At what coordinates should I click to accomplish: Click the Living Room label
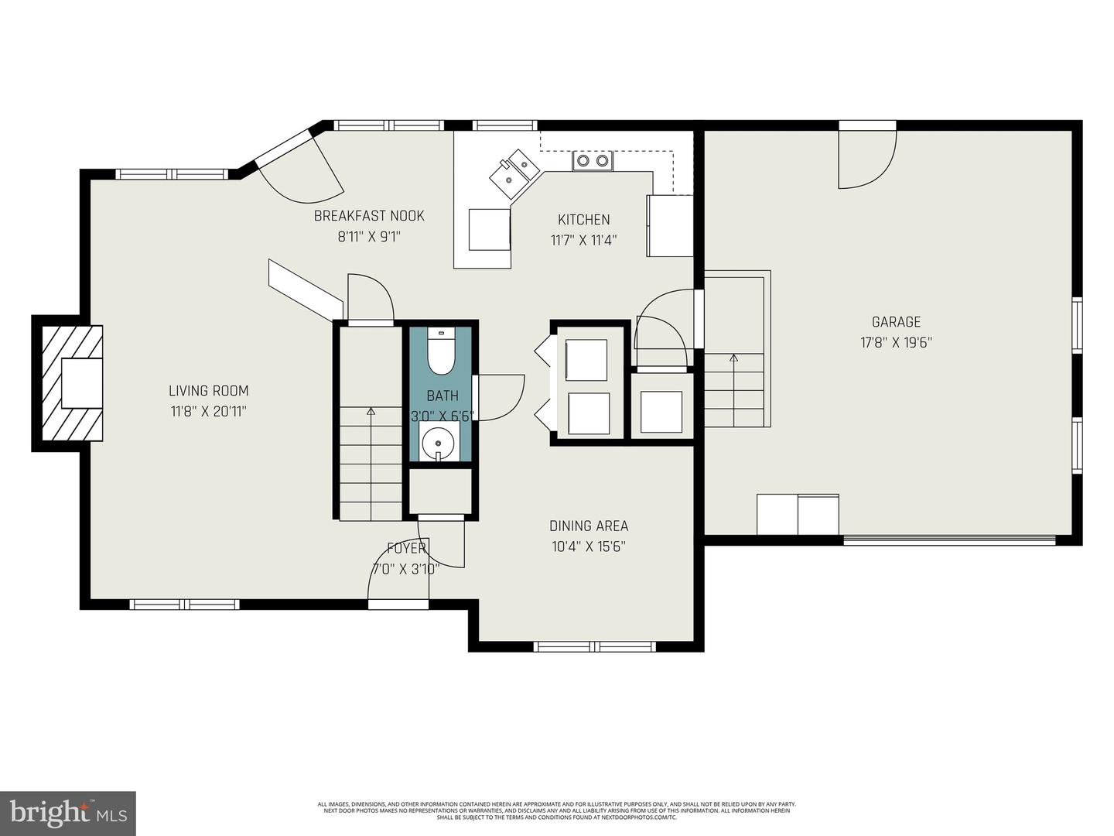[209, 391]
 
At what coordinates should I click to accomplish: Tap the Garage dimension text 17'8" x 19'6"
[896, 343]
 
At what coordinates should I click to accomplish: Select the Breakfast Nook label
[369, 216]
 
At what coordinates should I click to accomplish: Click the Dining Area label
[588, 526]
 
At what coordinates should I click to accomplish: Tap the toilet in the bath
[441, 354]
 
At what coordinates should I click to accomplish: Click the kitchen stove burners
[593, 161]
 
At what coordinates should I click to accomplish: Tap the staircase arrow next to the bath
[371, 412]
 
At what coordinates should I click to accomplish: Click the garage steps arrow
[733, 358]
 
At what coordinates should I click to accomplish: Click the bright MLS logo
[68, 813]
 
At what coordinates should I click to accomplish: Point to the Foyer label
[406, 548]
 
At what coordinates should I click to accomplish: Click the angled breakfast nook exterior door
[298, 166]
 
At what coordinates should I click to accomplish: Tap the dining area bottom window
[595, 646]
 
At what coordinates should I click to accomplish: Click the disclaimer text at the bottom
[556, 810]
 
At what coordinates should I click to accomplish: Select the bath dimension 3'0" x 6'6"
[442, 416]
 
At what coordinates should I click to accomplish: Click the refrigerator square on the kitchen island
[490, 230]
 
